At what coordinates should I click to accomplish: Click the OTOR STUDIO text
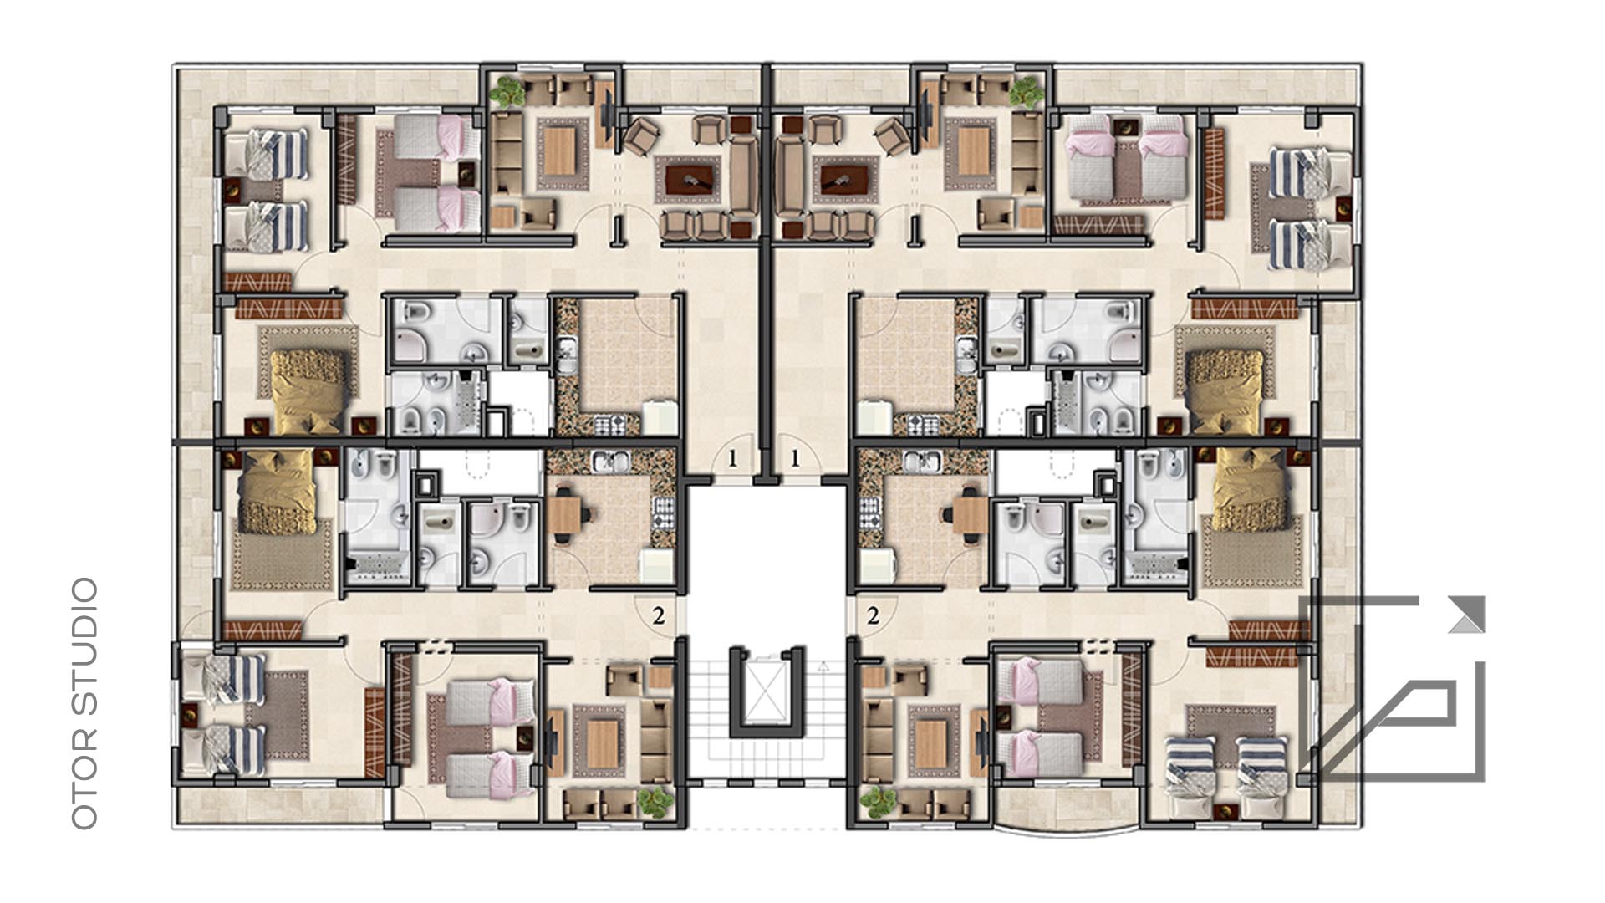click(x=85, y=703)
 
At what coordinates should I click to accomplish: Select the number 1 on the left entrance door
click(x=733, y=458)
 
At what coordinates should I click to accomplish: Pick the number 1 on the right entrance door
click(x=794, y=458)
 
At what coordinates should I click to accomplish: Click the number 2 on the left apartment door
click(x=659, y=616)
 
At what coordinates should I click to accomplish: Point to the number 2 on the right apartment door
click(x=874, y=616)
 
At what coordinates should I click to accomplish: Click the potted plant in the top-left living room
click(x=505, y=92)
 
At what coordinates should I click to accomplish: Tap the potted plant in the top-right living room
click(x=1026, y=91)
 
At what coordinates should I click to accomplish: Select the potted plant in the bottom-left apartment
click(x=655, y=803)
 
